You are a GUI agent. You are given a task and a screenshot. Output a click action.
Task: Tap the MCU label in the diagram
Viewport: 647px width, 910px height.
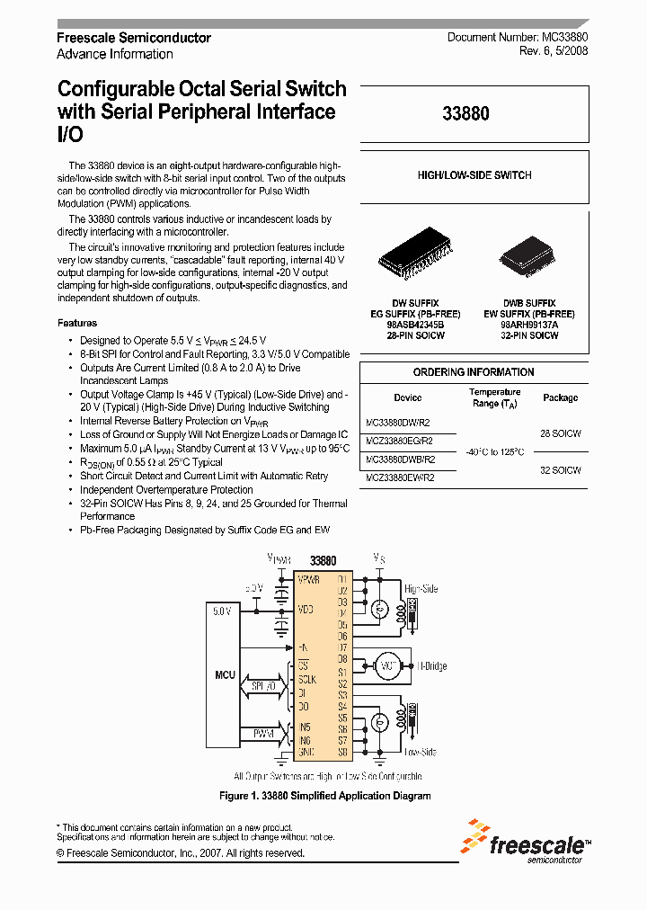coord(225,674)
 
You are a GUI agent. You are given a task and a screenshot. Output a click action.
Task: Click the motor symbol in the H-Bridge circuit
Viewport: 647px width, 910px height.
coord(388,665)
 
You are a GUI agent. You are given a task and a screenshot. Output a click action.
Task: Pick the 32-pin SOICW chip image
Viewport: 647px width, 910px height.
coord(528,258)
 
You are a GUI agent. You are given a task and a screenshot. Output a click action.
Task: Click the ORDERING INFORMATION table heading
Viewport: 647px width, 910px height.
coord(474,372)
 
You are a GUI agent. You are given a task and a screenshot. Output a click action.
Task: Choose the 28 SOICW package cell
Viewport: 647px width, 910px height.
coord(560,433)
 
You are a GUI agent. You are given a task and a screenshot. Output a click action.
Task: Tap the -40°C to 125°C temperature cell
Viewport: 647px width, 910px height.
coord(494,451)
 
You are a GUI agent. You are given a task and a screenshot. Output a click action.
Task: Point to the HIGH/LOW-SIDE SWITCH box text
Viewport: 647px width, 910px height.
coord(474,175)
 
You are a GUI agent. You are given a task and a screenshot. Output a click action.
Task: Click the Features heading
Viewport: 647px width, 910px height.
coord(77,323)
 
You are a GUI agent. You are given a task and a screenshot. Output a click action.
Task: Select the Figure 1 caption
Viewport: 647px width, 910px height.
coord(325,796)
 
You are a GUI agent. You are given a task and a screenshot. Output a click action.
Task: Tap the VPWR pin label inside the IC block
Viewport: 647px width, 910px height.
coord(309,578)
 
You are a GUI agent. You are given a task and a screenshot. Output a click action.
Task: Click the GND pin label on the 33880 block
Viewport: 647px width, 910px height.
coord(307,752)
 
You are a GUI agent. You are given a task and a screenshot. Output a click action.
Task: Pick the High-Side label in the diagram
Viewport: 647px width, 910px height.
coord(421,589)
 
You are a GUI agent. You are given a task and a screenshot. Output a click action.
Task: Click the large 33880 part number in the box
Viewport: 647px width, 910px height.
coord(466,114)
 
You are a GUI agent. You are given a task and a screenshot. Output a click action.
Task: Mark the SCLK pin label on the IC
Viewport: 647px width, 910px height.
coord(307,680)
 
